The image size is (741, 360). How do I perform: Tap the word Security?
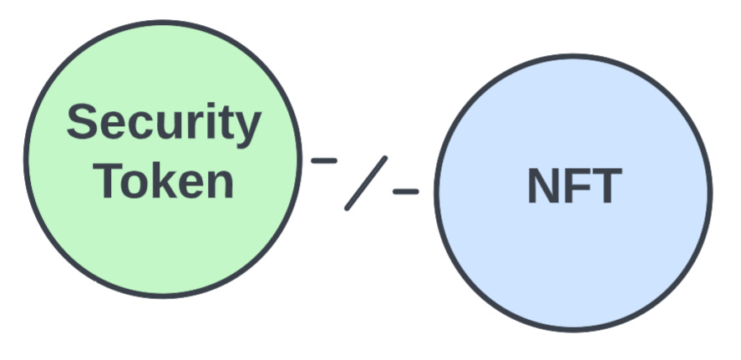tap(164, 124)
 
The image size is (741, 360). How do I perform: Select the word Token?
tap(164, 180)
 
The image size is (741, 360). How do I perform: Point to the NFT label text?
tap(574, 186)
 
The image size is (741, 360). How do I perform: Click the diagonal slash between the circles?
tap(366, 183)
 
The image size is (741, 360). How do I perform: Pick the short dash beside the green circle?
tap(324, 160)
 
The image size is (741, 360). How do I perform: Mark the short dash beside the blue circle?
tap(405, 191)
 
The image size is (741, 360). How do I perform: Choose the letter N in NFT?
tap(543, 186)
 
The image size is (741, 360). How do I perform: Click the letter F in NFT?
tap(576, 186)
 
